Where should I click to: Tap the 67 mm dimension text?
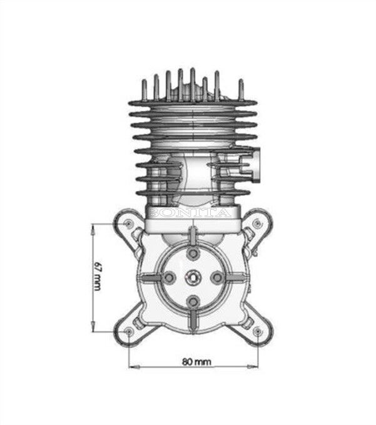pos(97,275)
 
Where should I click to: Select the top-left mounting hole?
pos(128,223)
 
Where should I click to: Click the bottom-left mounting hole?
pos(128,330)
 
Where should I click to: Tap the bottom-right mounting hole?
pos(258,330)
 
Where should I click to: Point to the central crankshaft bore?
pos(193,277)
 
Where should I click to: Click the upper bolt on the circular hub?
pos(193,253)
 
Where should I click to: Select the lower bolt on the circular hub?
pos(193,300)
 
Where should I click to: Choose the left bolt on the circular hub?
pos(170,277)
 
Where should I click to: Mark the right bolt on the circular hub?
pos(216,277)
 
